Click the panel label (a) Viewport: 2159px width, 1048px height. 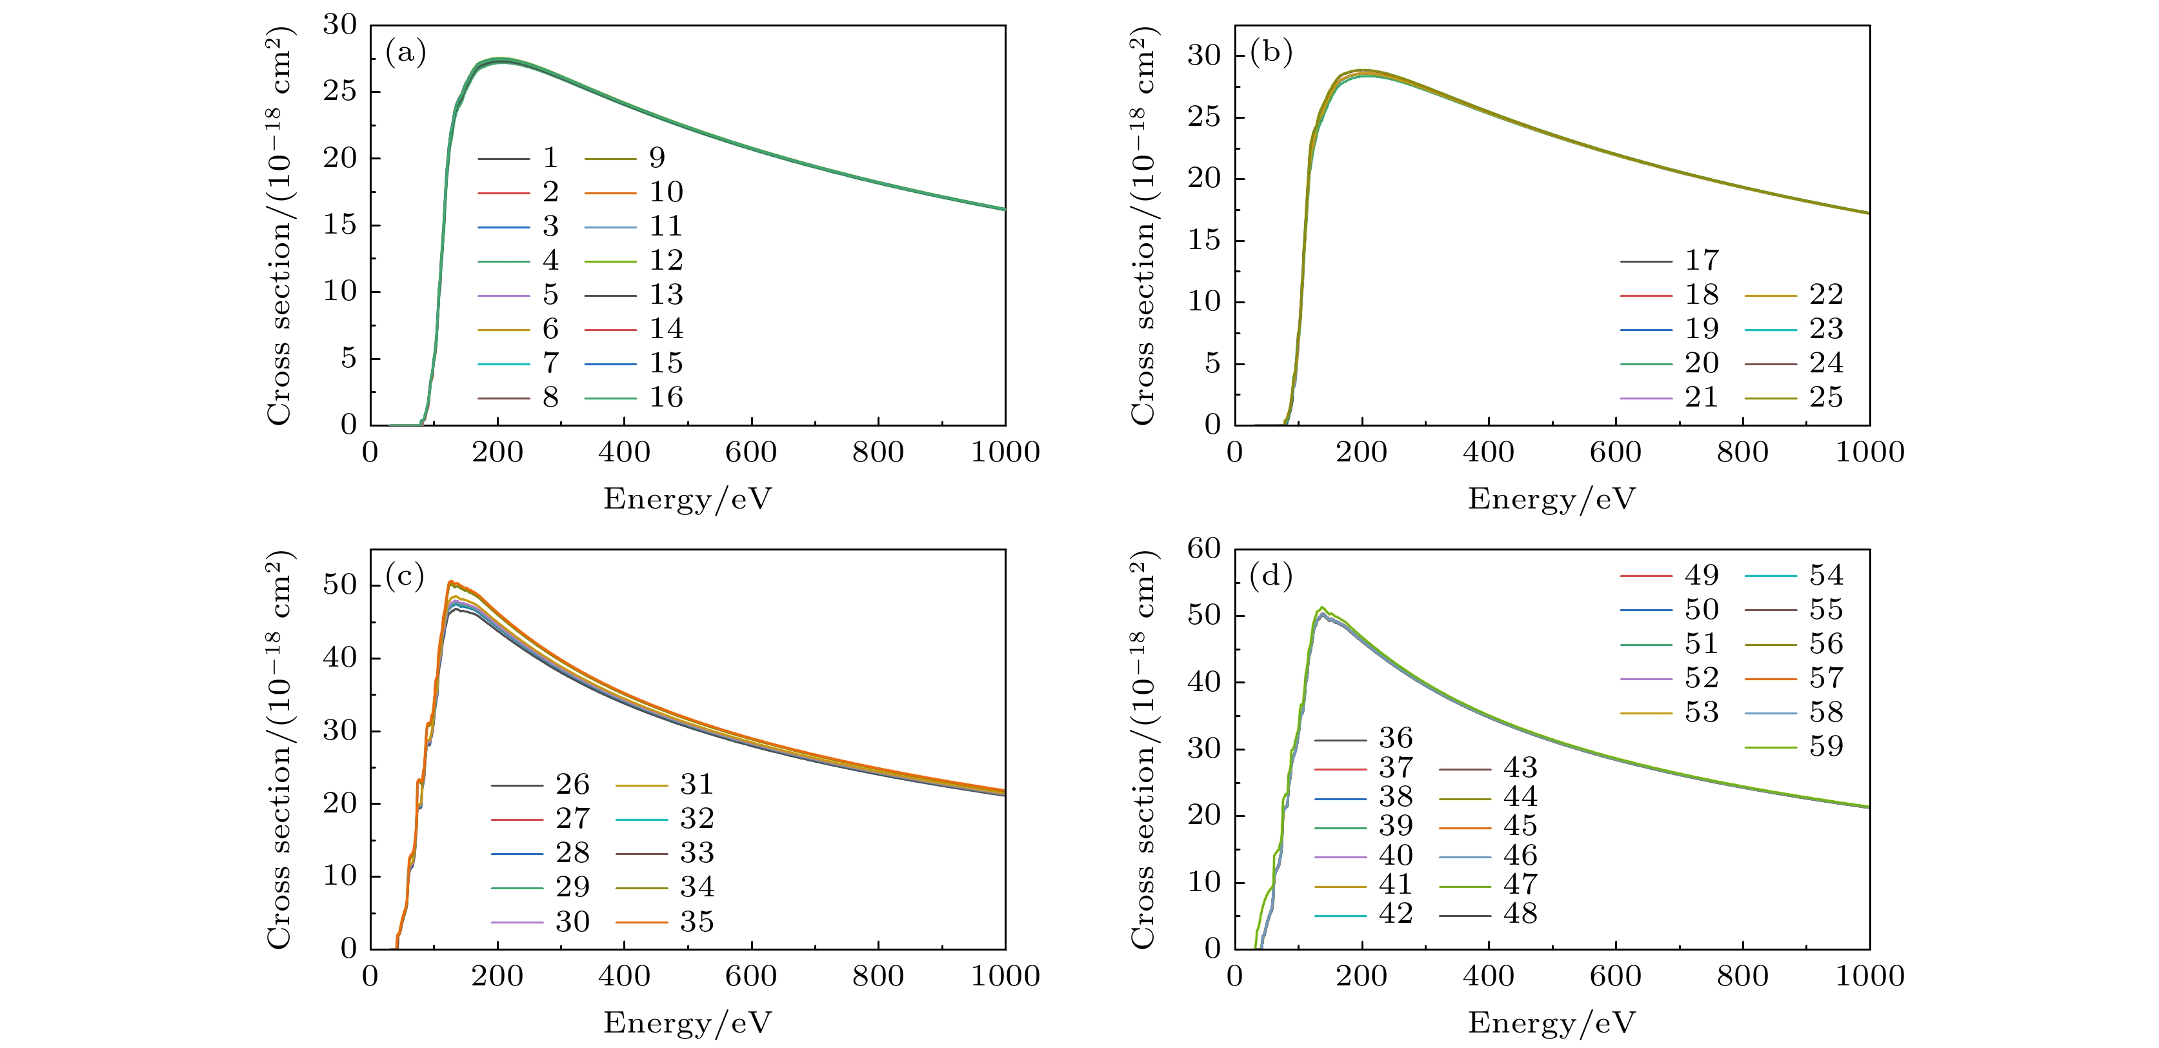click(x=406, y=54)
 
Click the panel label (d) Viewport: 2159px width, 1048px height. click(x=1270, y=577)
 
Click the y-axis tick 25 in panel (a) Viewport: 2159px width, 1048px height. click(x=340, y=92)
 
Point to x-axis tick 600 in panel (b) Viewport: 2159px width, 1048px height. click(x=1615, y=453)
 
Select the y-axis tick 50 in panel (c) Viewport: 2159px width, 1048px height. click(x=340, y=585)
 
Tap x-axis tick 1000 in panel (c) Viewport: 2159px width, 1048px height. click(x=1005, y=977)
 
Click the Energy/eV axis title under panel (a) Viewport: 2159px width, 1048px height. click(x=687, y=499)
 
